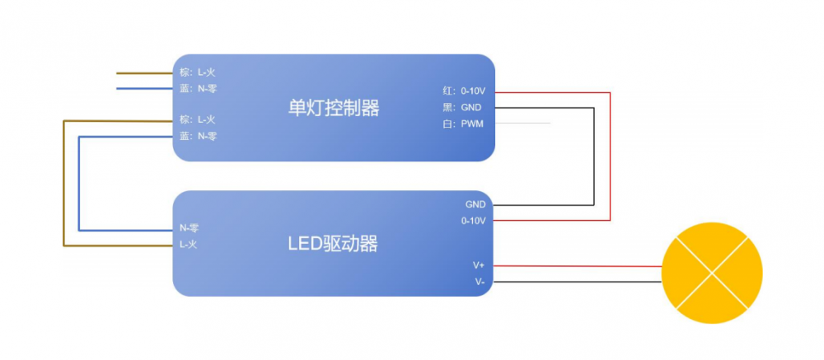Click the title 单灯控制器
(x=334, y=108)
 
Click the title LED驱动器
(x=333, y=244)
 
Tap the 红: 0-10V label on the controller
(x=464, y=91)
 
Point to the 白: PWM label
(x=462, y=124)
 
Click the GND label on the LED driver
(x=475, y=204)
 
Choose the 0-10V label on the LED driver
(x=473, y=221)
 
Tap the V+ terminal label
(x=478, y=265)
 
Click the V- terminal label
(x=479, y=282)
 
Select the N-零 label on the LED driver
(x=189, y=228)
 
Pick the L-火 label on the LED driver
(x=189, y=245)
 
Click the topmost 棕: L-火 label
(x=198, y=72)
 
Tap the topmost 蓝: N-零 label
(x=198, y=88)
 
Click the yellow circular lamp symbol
(x=713, y=273)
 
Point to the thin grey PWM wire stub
(x=522, y=124)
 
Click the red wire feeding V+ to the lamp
(x=577, y=266)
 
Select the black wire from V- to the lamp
(x=577, y=282)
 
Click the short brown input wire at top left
(x=144, y=72)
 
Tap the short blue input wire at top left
(x=144, y=88)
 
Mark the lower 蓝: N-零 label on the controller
(x=198, y=136)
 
